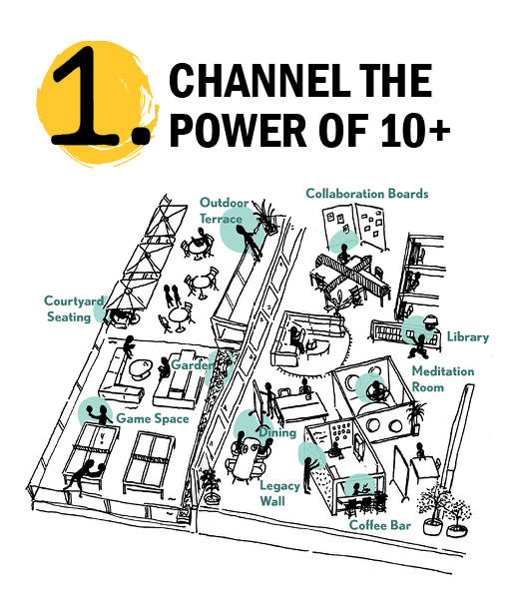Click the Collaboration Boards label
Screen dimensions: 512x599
367,194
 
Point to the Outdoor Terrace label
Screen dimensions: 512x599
225,211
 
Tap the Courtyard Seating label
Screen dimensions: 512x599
74,308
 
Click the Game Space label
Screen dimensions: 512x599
153,418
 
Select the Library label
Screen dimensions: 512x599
468,337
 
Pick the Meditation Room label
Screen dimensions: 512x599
443,379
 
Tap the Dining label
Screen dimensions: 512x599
277,433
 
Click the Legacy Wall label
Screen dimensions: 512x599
279,493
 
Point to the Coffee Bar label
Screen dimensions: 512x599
380,525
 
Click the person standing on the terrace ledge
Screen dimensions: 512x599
249,242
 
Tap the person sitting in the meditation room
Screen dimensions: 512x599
377,390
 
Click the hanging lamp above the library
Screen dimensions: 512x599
431,321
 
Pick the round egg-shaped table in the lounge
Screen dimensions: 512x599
141,368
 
